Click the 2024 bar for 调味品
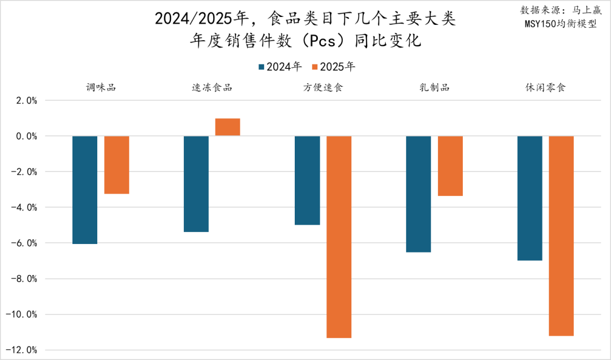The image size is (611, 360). [x=85, y=190]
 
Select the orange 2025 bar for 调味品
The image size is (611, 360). [x=117, y=165]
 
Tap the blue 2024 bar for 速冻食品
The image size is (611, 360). [x=196, y=184]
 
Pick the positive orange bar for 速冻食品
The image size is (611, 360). [x=227, y=127]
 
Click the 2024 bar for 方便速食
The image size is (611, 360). [x=307, y=180]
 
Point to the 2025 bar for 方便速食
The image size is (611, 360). [x=339, y=237]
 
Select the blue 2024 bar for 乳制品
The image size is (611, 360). [x=419, y=194]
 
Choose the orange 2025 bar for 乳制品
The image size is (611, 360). [x=450, y=166]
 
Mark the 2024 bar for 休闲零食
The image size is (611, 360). [x=530, y=198]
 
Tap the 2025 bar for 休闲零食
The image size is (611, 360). [x=561, y=235]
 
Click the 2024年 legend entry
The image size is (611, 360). [x=280, y=67]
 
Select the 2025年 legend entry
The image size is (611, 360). [x=334, y=67]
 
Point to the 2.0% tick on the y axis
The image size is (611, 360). [x=25, y=101]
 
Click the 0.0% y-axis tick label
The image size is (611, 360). [x=25, y=136]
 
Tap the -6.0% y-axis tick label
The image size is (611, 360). [x=24, y=243]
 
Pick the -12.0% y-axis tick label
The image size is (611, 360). [x=23, y=350]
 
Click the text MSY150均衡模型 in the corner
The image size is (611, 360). [x=560, y=24]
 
